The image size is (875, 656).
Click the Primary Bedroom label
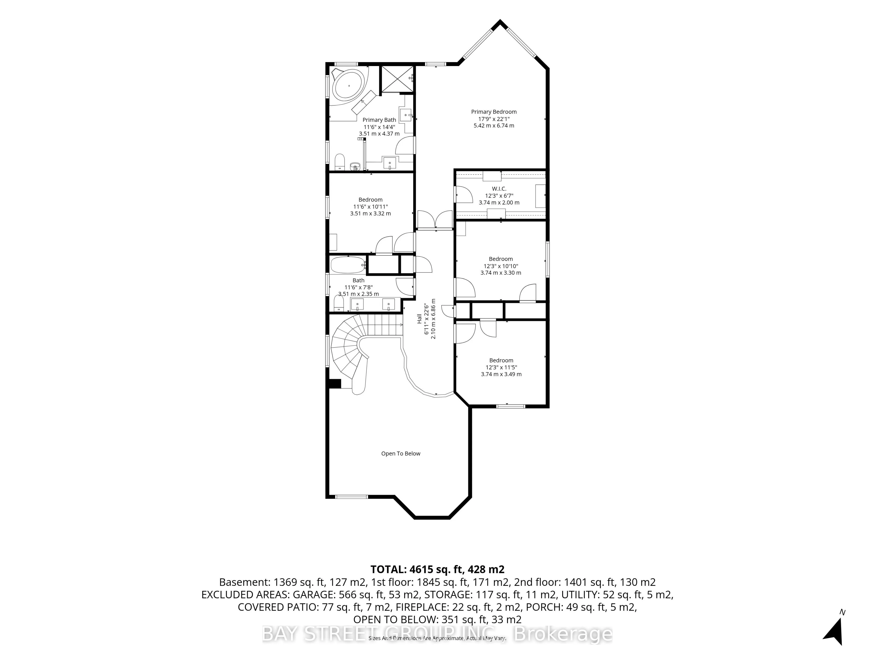(494, 112)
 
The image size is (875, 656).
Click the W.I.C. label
(499, 189)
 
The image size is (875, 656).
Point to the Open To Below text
(401, 454)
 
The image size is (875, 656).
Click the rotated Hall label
(419, 319)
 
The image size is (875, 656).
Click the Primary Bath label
(379, 120)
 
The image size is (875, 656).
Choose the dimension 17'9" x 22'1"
(494, 119)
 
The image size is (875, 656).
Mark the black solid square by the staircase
(335, 384)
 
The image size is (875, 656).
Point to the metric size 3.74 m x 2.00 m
(499, 202)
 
